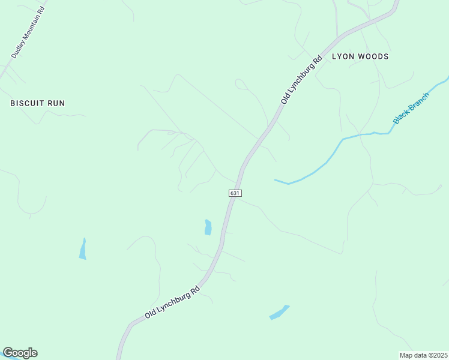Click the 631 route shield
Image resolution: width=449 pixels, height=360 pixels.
coord(235,193)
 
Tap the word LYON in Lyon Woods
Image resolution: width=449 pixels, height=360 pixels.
coord(345,56)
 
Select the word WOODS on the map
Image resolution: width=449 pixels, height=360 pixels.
coord(373,56)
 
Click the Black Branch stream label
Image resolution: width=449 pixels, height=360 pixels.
coord(411,109)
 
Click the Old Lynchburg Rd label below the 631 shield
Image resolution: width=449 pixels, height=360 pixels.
coord(172,302)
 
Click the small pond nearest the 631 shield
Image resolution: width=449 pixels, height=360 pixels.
coord(208,227)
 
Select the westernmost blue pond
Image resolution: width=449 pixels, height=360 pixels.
coord(83,249)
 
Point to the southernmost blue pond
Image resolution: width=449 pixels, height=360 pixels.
coord(279,313)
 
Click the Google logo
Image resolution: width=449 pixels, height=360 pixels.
coord(20,353)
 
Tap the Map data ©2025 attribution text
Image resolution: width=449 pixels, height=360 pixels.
coord(424,355)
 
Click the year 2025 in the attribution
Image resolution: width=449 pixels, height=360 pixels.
coord(439,355)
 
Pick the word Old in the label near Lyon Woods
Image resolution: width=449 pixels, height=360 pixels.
coord(285,98)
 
